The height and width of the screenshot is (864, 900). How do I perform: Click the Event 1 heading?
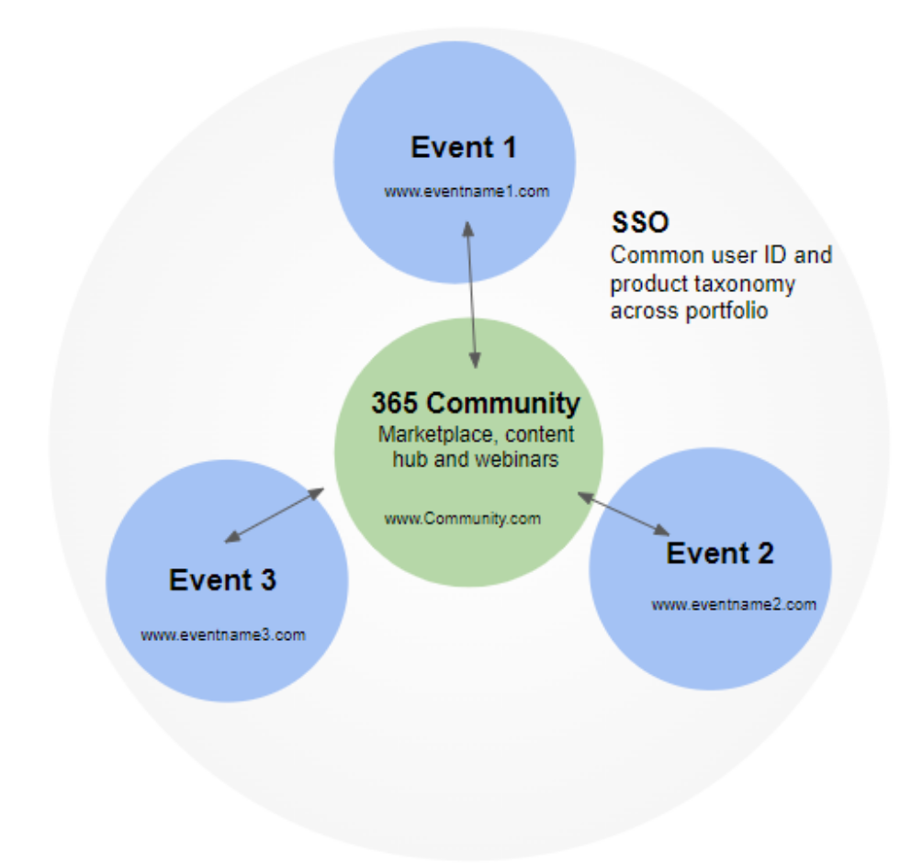463,147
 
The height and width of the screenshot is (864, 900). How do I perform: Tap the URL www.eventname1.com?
467,191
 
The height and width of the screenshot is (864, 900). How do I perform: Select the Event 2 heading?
719,553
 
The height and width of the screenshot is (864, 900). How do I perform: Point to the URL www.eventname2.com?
734,604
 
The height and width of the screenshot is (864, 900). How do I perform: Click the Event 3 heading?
222,580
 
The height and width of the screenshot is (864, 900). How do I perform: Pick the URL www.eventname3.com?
223,634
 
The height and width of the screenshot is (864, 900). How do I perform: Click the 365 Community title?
476,402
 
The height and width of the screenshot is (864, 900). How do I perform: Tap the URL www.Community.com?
462,518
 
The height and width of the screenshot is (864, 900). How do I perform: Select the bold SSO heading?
640,223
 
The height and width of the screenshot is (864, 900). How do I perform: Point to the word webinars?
515,459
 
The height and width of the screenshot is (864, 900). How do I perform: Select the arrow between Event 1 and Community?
471,293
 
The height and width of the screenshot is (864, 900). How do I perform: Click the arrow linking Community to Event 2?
624,513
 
